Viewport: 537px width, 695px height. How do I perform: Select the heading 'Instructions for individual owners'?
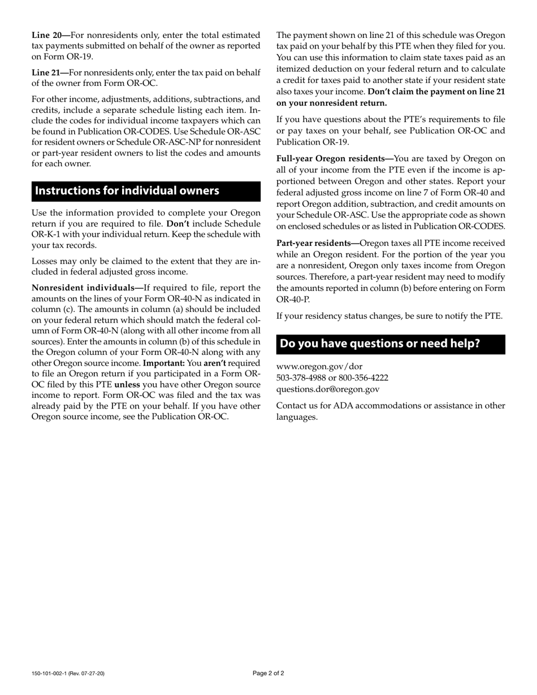point(127,190)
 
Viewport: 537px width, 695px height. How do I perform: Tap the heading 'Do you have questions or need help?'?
point(380,344)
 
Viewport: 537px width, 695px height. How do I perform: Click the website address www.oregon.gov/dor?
point(319,367)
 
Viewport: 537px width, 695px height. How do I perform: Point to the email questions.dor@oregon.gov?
point(328,389)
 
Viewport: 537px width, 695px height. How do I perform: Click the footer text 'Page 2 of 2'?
point(268,674)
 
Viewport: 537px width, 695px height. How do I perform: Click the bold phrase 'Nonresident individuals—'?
point(88,288)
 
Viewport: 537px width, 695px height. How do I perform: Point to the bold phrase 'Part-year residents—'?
point(318,244)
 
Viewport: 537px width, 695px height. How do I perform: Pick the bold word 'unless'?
point(127,385)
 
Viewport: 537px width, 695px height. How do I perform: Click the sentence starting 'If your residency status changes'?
point(389,316)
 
